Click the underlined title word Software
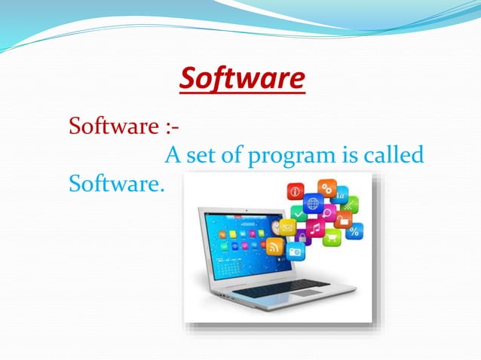[x=244, y=79]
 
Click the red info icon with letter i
[x=296, y=191]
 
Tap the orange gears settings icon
[x=326, y=188]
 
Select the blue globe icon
[x=313, y=203]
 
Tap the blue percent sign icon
[x=354, y=231]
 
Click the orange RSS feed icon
[x=274, y=246]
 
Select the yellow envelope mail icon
[x=288, y=225]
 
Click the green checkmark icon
[x=299, y=215]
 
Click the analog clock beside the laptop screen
[x=276, y=227]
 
